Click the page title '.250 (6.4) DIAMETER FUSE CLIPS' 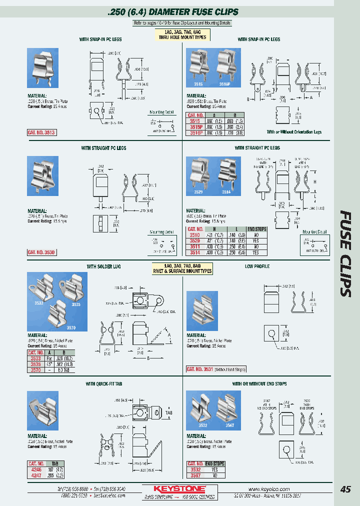[172, 11]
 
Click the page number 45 [345, 489]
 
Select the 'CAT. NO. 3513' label [41, 132]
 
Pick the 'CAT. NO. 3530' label [41, 252]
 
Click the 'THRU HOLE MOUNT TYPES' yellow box [182, 34]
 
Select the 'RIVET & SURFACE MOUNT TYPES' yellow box [182, 268]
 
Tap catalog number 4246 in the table [36, 470]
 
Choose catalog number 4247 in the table [36, 476]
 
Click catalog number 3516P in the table [194, 133]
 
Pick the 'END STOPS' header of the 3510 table [257, 229]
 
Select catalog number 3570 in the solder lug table [36, 370]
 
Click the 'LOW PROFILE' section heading [257, 266]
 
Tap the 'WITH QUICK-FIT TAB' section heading [103, 384]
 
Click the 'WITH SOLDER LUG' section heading [103, 266]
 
